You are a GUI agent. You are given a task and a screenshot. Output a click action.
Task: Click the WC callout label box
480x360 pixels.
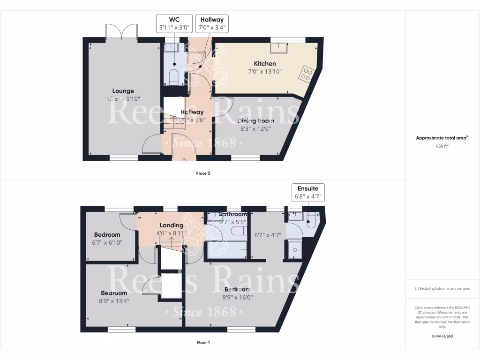click(173, 23)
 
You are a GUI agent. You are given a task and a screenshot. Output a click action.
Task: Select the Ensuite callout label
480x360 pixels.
click(308, 193)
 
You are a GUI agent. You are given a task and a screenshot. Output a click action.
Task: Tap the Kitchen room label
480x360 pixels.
click(265, 64)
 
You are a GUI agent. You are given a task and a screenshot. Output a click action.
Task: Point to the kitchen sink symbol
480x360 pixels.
click(280, 48)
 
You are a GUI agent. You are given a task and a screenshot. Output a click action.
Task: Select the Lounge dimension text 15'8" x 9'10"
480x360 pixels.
click(123, 99)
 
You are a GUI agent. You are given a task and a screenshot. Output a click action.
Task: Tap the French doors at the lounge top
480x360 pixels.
click(121, 32)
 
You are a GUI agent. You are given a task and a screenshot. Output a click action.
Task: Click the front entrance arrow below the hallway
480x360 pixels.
click(183, 161)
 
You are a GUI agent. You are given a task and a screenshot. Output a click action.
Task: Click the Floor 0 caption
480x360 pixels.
click(203, 173)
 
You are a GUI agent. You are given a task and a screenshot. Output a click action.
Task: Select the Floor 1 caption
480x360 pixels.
click(203, 343)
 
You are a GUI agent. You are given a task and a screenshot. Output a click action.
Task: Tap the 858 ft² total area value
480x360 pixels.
click(442, 146)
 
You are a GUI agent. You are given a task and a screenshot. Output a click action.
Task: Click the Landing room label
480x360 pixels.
click(171, 225)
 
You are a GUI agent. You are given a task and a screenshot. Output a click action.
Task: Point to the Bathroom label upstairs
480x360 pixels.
click(232, 214)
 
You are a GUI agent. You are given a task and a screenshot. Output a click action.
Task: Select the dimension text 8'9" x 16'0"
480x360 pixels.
click(237, 297)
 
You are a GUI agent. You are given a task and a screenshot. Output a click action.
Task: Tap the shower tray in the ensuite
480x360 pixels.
click(296, 249)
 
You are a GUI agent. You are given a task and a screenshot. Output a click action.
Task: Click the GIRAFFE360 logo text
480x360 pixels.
click(442, 336)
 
